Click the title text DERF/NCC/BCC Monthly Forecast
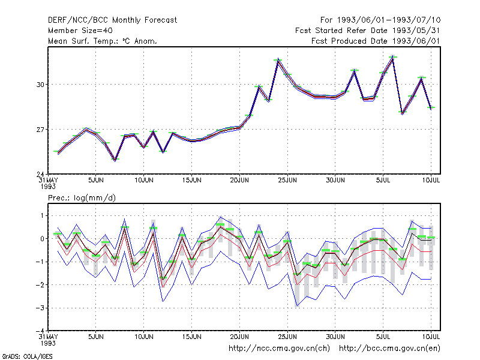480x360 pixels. [x=112, y=20]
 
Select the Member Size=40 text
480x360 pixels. [x=80, y=31]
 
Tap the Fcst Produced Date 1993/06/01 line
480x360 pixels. [x=376, y=41]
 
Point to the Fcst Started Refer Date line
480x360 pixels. [x=367, y=31]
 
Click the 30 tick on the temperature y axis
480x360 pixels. [x=40, y=85]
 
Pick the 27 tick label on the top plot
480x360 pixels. [x=40, y=130]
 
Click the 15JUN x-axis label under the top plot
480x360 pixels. [x=191, y=180]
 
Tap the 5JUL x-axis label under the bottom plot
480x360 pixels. [x=383, y=337]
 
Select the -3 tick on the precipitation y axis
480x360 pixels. [x=40, y=308]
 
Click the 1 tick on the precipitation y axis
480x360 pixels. [x=42, y=216]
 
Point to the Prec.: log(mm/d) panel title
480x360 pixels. [x=82, y=198]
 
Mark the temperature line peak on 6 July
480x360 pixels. [x=393, y=58]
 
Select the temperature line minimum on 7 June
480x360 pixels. [x=115, y=160]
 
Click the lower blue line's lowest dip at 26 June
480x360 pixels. [x=297, y=306]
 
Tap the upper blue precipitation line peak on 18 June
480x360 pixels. [x=220, y=217]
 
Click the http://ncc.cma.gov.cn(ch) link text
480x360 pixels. [x=279, y=349]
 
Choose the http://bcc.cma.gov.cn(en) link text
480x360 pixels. [x=389, y=349]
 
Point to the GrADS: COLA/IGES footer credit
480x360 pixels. [x=27, y=356]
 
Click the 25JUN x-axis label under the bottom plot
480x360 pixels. [x=287, y=337]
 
